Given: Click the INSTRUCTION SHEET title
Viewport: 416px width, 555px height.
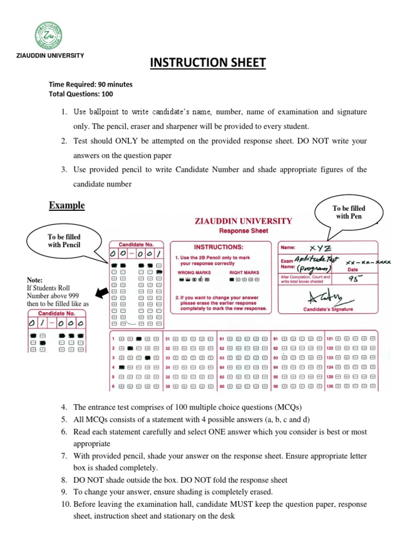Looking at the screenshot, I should [208, 63].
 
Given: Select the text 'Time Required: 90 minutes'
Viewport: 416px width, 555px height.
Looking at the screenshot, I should [90, 85].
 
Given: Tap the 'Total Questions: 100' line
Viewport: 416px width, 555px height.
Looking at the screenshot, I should [81, 94].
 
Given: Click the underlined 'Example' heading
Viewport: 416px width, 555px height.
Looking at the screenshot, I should [67, 205].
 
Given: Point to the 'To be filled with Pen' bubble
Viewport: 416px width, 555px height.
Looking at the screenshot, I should [349, 212].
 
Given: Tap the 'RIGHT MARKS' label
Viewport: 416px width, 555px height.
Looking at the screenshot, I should [244, 273].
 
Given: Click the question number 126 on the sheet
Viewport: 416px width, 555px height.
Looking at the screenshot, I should [330, 386].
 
